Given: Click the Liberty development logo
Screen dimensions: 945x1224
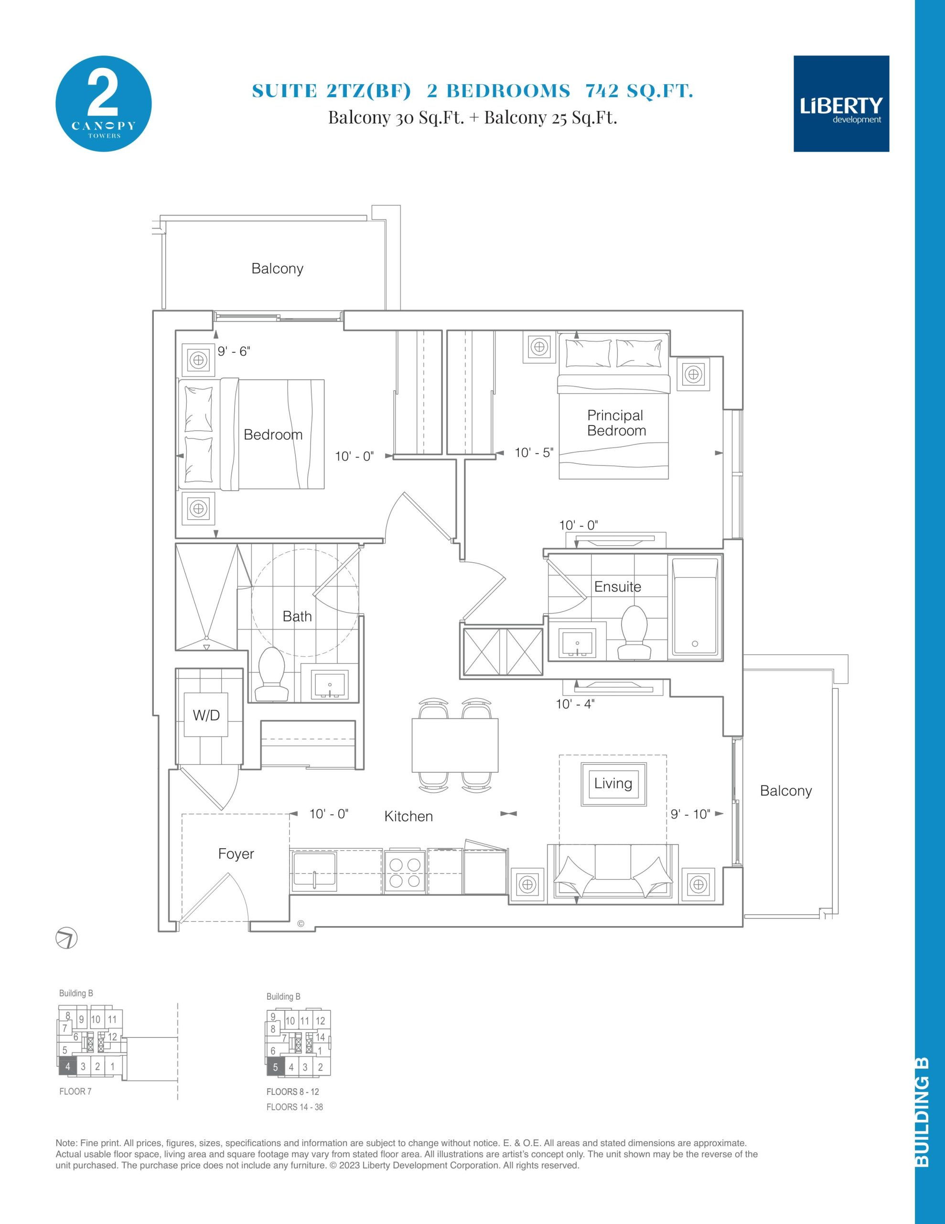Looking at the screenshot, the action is (x=841, y=104).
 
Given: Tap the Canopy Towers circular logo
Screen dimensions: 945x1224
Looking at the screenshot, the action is (x=104, y=103).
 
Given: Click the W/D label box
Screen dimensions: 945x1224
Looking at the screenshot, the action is (x=206, y=715).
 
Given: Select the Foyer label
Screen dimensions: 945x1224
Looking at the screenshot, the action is (x=236, y=853).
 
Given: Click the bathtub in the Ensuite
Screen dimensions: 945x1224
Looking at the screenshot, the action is (x=695, y=606).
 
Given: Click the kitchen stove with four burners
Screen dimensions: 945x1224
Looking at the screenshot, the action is (x=405, y=872).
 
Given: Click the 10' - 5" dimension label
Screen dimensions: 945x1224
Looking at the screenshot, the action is (x=534, y=452).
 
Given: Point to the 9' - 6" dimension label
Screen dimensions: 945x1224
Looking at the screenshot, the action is (x=234, y=351).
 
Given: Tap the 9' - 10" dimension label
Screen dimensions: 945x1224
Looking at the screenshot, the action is (x=690, y=814).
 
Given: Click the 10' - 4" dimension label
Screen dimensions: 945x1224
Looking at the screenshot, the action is (x=575, y=704).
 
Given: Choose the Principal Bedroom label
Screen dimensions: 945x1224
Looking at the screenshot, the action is (x=616, y=423).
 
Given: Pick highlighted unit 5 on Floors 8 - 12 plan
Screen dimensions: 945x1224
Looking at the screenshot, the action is (x=275, y=1067).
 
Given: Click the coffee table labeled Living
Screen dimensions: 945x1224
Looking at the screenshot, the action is (x=613, y=784).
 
